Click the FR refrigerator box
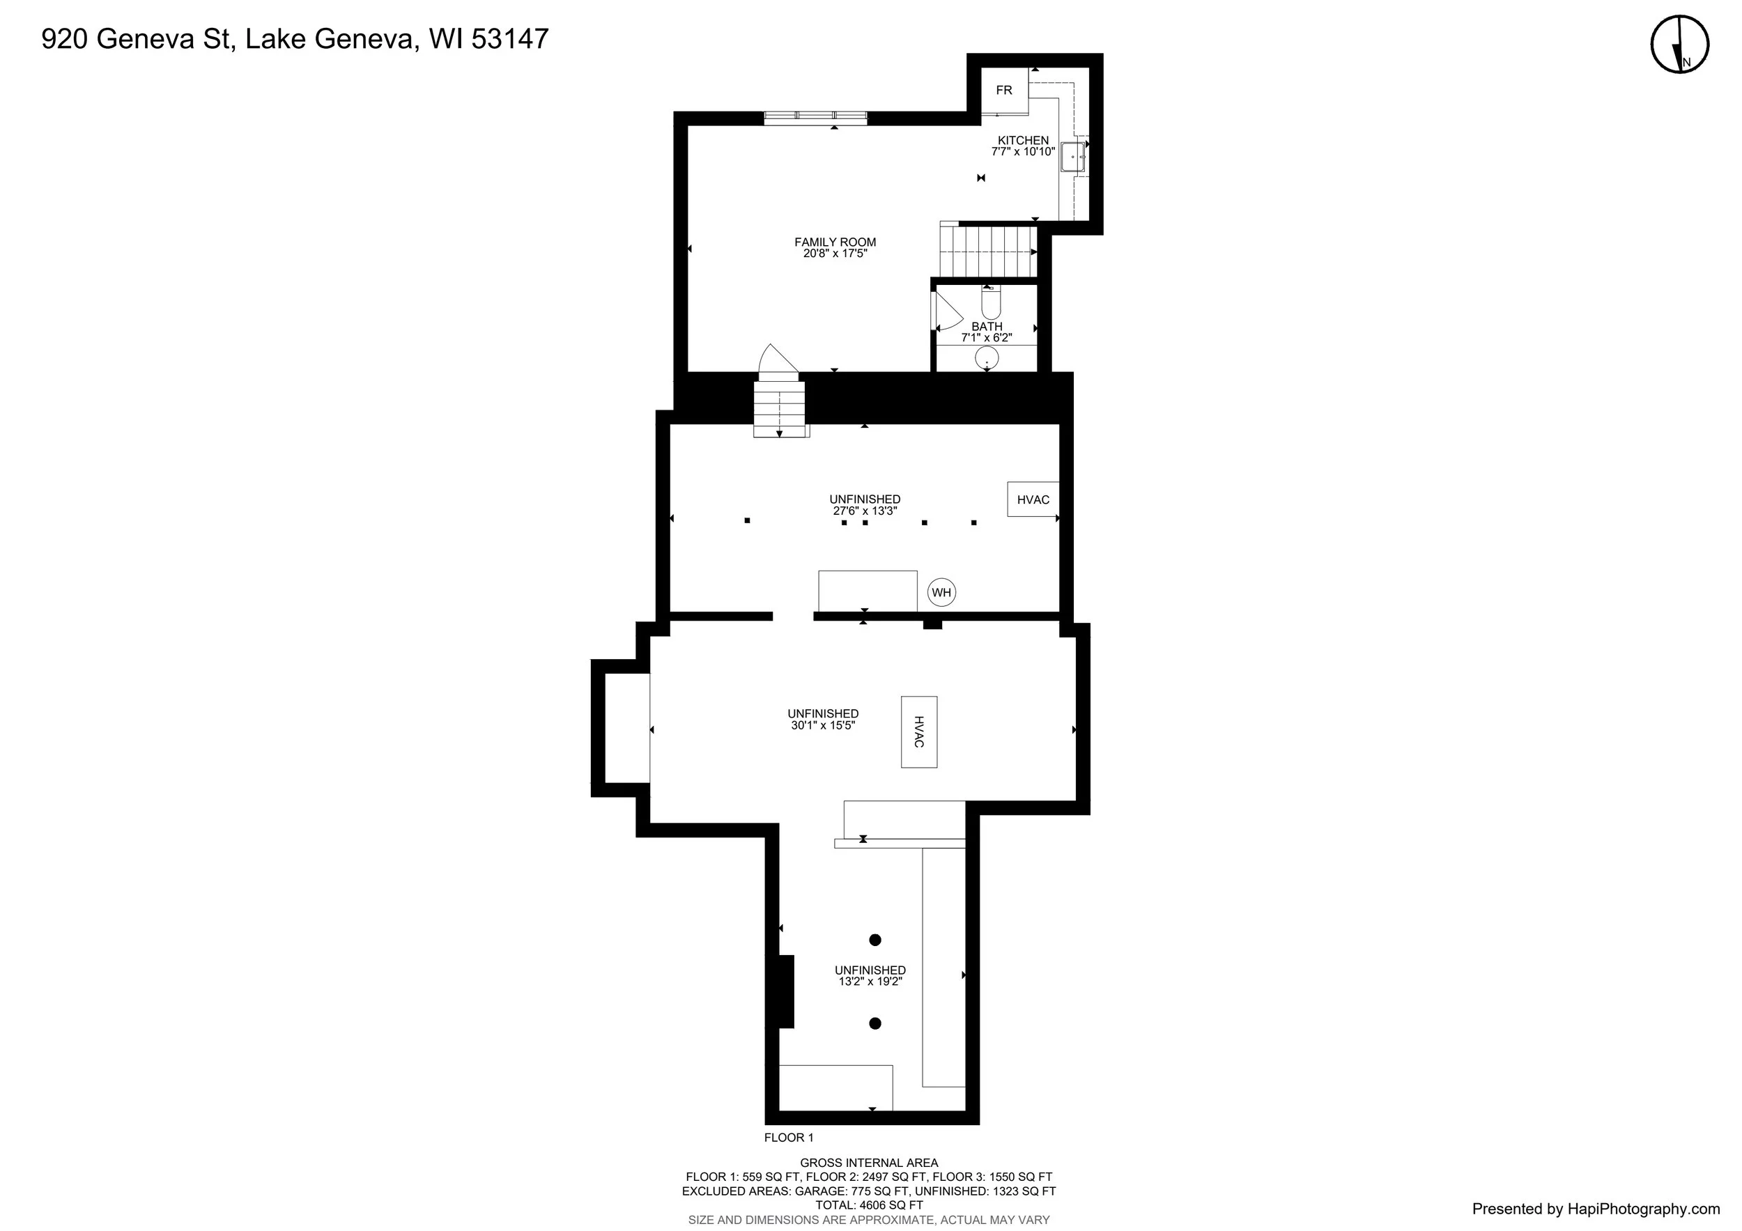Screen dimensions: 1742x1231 click(x=1005, y=91)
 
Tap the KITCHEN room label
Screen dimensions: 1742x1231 click(x=1023, y=140)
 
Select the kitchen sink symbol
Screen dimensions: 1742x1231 click(x=1073, y=157)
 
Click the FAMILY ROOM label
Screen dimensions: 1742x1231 click(x=835, y=242)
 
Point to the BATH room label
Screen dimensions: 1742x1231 click(x=987, y=326)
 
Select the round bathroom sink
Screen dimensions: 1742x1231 click(x=987, y=358)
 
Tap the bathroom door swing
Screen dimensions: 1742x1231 click(x=948, y=311)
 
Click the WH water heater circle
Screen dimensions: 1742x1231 click(x=941, y=592)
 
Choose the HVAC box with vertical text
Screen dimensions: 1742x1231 click(x=919, y=732)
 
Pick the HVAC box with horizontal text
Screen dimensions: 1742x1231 click(x=1033, y=499)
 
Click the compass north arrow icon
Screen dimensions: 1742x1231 click(x=1681, y=45)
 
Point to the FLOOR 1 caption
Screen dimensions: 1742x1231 click(x=788, y=1137)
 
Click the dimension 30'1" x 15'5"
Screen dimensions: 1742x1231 click(x=823, y=725)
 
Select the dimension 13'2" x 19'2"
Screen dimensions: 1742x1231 click(x=870, y=981)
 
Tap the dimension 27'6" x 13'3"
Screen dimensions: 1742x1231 click(x=865, y=511)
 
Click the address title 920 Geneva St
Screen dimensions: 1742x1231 click(x=136, y=39)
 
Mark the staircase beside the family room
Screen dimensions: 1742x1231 click(x=989, y=250)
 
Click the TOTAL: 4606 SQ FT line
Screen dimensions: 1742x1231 click(x=869, y=1205)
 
